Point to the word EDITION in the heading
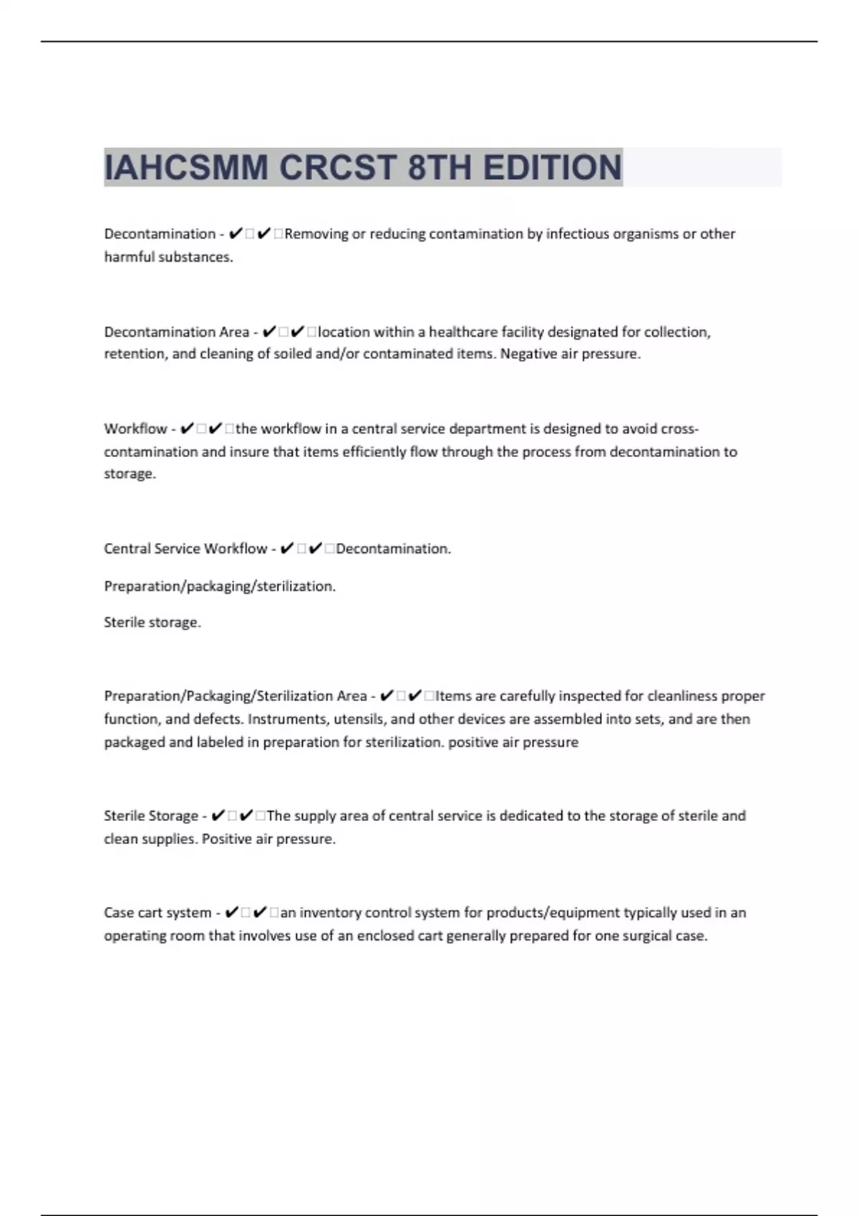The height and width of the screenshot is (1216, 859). [552, 168]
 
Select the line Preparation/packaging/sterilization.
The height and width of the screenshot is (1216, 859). [220, 587]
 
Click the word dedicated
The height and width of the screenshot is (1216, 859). [531, 816]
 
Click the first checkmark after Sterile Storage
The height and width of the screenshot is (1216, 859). [218, 816]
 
